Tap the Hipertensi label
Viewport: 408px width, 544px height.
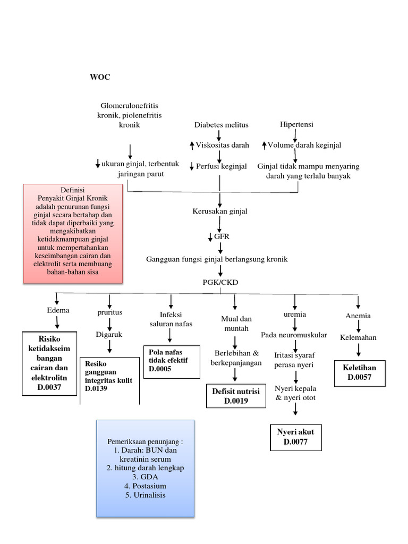296,124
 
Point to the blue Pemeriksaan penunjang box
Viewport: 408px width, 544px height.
145,468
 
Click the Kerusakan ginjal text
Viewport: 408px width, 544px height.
219,211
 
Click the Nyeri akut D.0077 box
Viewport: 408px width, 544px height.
295,437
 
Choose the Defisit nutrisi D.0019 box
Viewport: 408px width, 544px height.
235,396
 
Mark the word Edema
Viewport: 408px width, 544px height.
58,310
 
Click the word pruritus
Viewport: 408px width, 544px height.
109,312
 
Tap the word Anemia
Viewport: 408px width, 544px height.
358,316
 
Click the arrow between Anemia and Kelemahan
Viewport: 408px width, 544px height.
358,327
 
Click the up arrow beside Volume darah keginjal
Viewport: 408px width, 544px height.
264,145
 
